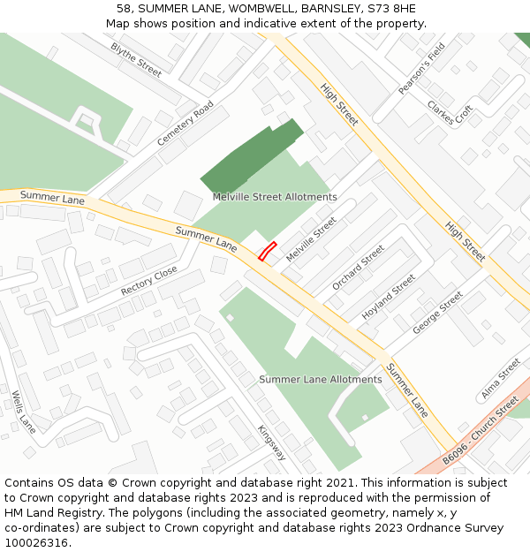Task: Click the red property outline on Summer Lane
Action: tap(268, 252)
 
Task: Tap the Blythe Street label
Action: tap(136, 59)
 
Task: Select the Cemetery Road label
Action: tap(185, 124)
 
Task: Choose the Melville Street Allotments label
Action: tap(275, 197)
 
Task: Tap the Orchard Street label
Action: tap(358, 268)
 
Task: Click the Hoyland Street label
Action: tap(389, 297)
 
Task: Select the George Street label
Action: tap(437, 313)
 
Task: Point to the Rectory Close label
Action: tap(149, 280)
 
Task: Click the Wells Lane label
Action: tap(24, 412)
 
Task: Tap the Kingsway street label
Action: tap(272, 442)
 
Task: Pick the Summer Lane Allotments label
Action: tap(320, 380)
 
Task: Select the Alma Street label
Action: tap(501, 379)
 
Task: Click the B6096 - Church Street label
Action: tap(481, 432)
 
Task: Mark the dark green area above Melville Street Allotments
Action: tap(251, 156)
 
